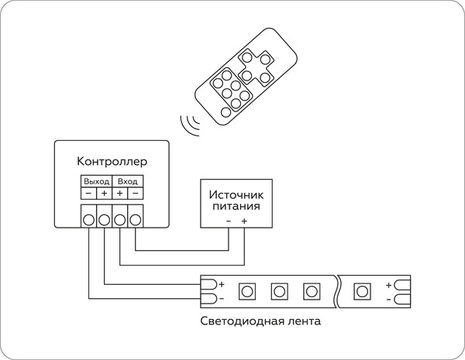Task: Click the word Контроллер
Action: pos(112,162)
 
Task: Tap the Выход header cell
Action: pos(97,180)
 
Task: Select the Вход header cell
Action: pos(127,180)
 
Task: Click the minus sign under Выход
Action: pos(89,192)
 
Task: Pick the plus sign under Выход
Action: pos(105,192)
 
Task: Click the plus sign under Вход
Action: pos(119,192)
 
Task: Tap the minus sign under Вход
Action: pos(135,192)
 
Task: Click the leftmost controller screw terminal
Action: pos(89,219)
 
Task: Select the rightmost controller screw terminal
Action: pos(135,219)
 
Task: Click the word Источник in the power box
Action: pos(236,195)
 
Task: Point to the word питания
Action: pos(236,207)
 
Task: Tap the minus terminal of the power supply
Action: pos(229,221)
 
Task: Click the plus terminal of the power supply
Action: pos(244,221)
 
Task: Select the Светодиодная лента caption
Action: pos(260,321)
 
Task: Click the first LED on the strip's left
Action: pos(246,291)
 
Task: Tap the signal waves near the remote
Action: pos(188,123)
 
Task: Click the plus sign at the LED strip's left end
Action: pos(221,284)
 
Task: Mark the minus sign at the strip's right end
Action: pos(388,298)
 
